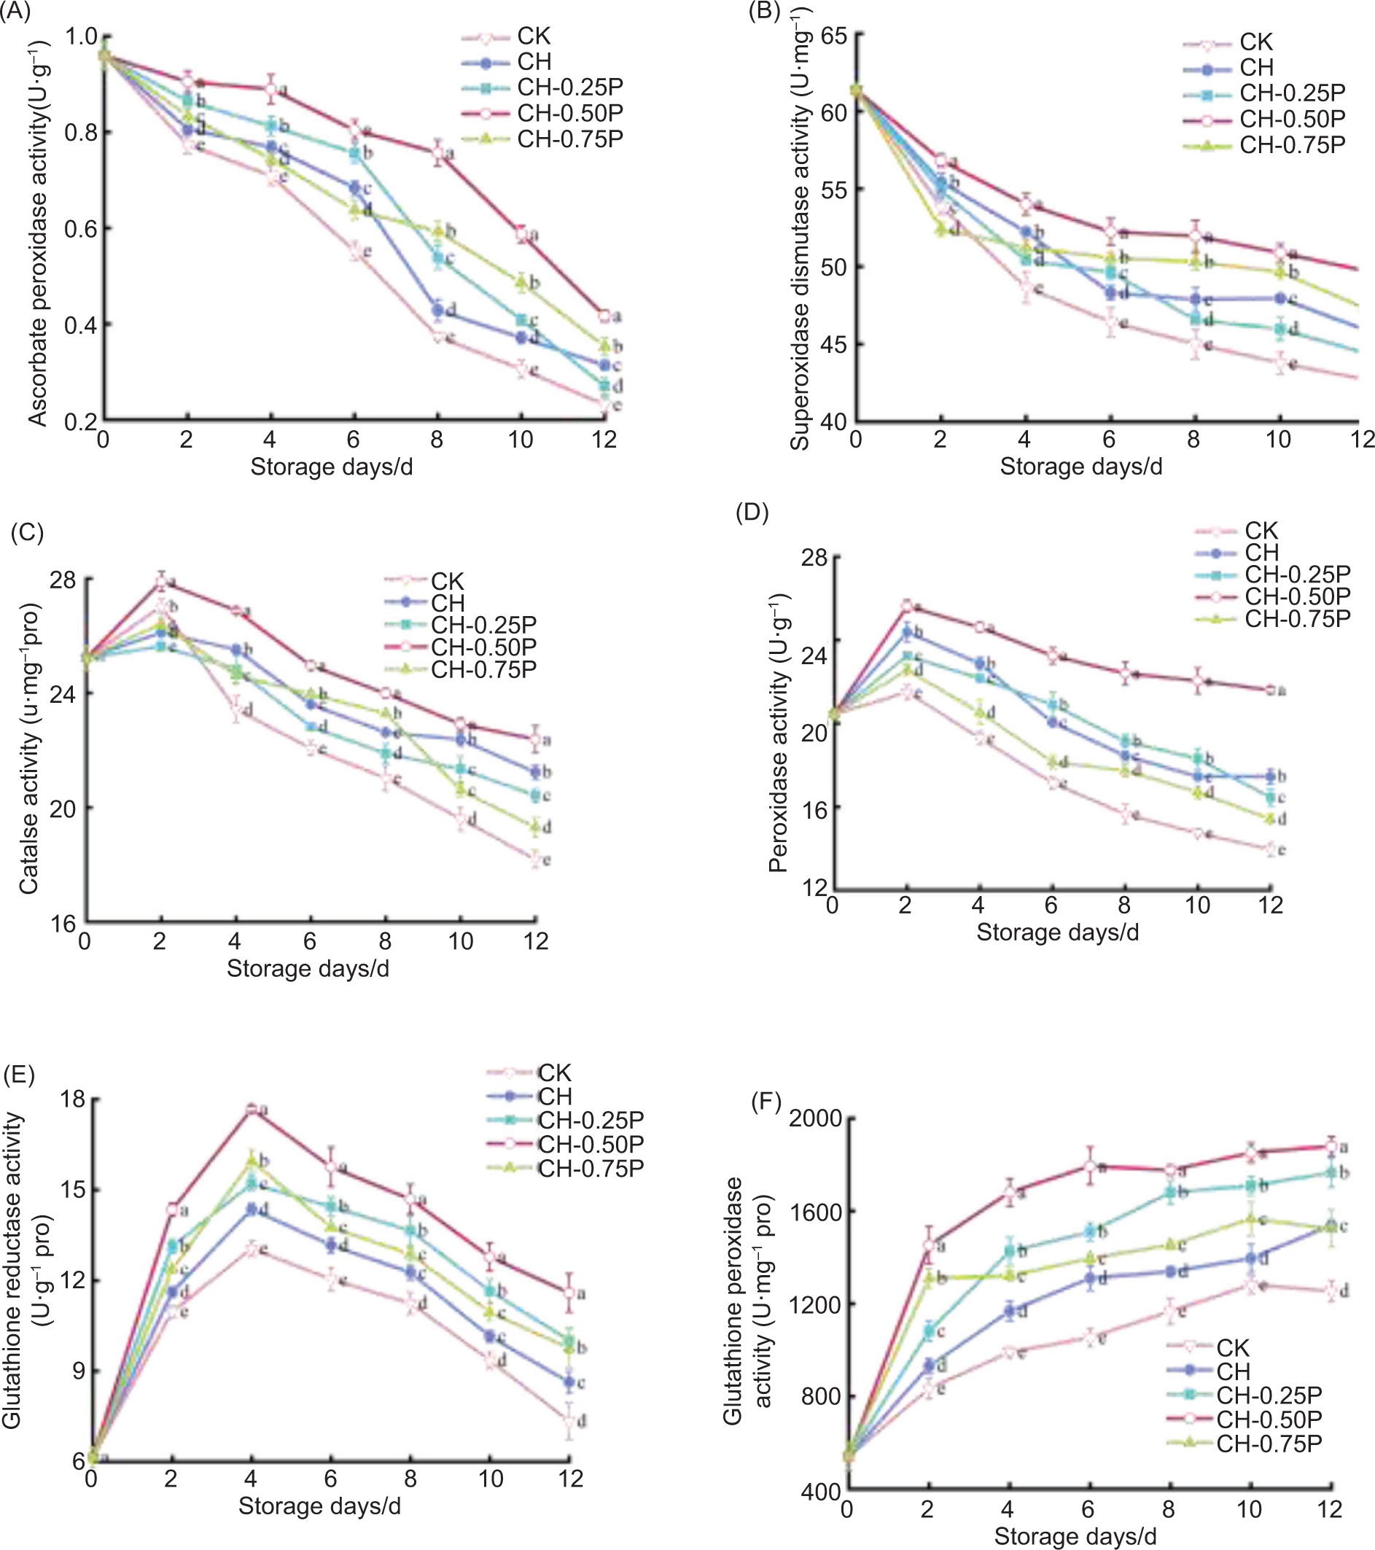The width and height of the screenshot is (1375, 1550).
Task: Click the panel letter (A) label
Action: (15, 13)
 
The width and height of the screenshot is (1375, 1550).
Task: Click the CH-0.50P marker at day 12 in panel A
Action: (604, 316)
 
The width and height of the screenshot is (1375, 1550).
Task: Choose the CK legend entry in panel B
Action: (1256, 42)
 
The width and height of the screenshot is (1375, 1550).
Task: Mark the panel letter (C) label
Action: (26, 532)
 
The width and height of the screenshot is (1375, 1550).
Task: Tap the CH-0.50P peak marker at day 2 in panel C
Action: (161, 582)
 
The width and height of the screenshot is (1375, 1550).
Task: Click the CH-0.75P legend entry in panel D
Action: (1297, 619)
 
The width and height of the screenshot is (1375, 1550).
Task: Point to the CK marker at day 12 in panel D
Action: (1270, 849)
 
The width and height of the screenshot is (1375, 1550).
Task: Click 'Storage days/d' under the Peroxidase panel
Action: (1057, 932)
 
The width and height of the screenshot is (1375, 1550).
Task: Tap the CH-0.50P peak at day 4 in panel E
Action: (251, 1110)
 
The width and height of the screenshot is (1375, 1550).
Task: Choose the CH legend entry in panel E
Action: (554, 1097)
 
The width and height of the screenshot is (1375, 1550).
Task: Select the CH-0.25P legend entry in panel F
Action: (1269, 1395)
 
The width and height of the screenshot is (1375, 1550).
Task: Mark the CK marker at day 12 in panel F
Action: (1331, 1290)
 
